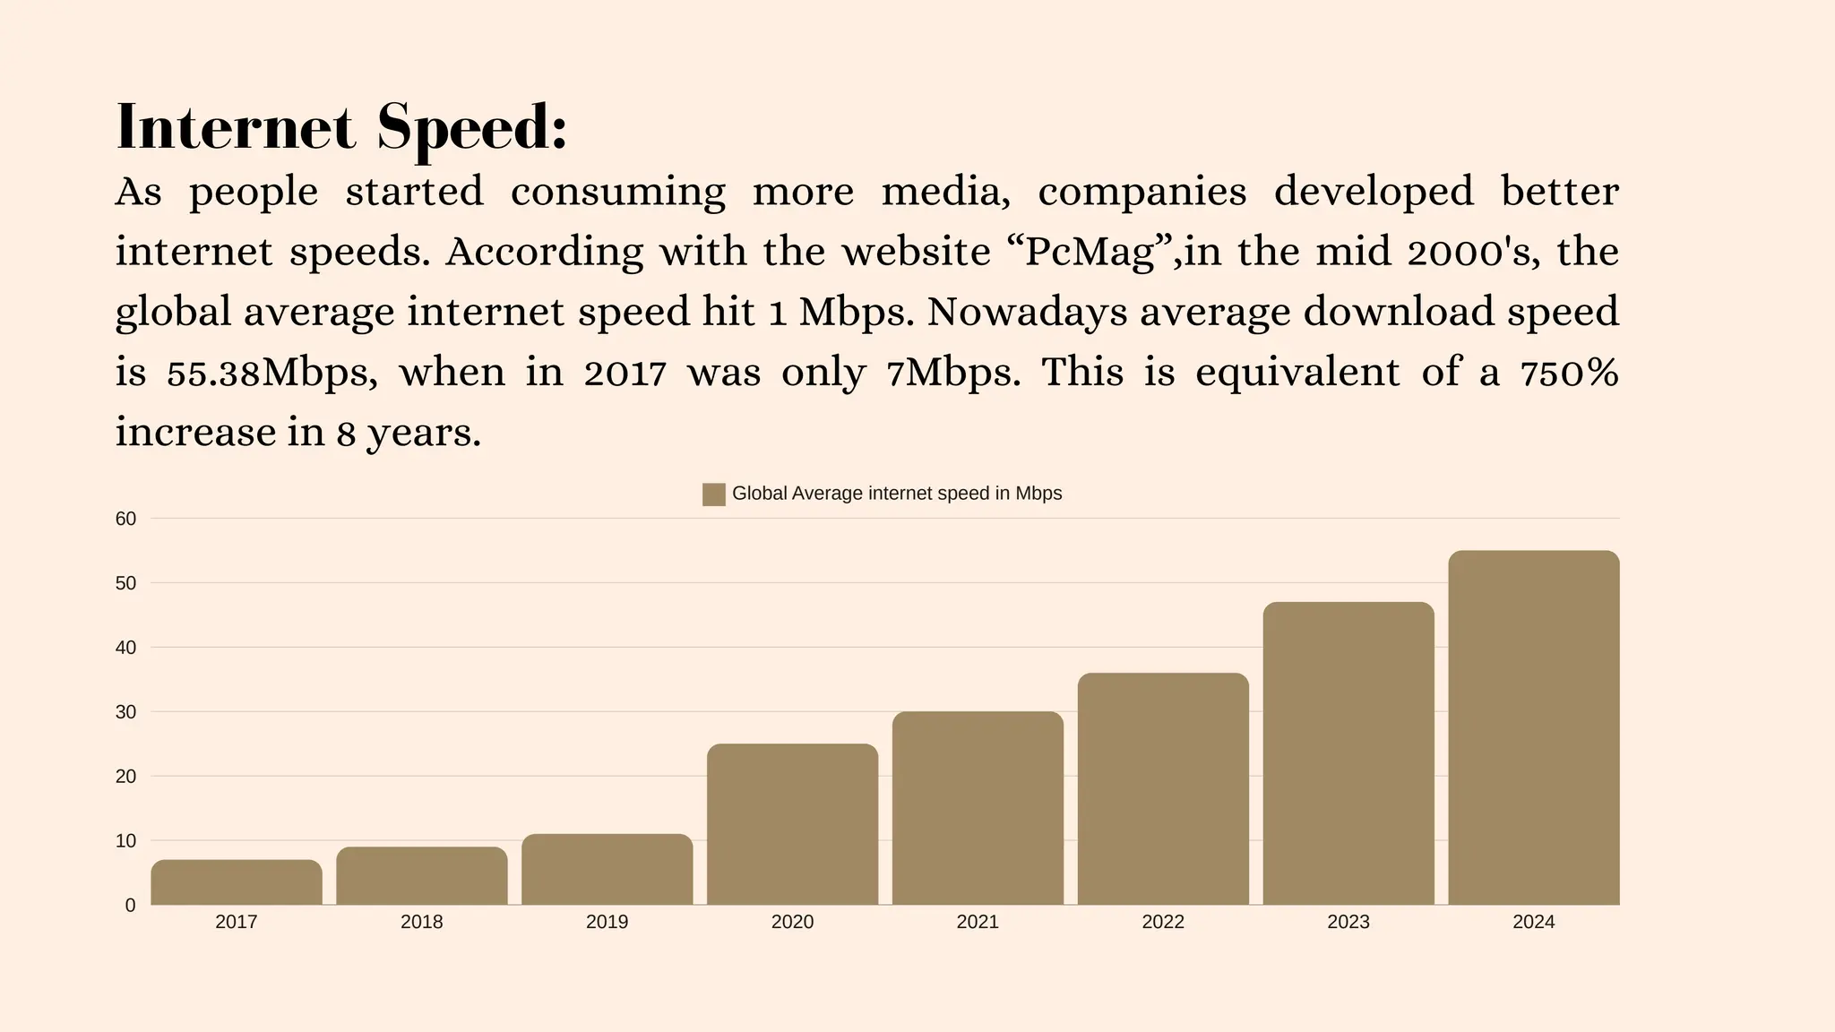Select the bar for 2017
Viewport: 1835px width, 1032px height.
point(237,882)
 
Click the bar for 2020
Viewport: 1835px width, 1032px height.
point(792,824)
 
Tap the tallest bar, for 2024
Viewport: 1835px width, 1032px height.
point(1533,727)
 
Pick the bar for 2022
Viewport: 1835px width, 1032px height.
point(1163,788)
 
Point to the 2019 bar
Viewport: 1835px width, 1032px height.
point(607,870)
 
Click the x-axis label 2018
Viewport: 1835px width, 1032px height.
point(421,922)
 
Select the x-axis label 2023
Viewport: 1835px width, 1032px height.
point(1348,922)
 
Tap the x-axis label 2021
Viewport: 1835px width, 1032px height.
point(978,922)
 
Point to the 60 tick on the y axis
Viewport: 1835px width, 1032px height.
point(125,519)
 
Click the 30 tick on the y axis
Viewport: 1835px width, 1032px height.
point(125,712)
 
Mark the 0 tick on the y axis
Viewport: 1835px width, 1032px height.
point(130,906)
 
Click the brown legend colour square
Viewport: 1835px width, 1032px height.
point(713,494)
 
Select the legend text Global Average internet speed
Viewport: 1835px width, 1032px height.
point(896,494)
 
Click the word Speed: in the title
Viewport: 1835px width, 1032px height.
point(472,129)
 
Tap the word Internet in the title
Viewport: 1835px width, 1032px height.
point(236,127)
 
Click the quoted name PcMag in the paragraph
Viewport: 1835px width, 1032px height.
point(1090,253)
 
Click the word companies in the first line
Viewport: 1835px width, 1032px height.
point(1141,193)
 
